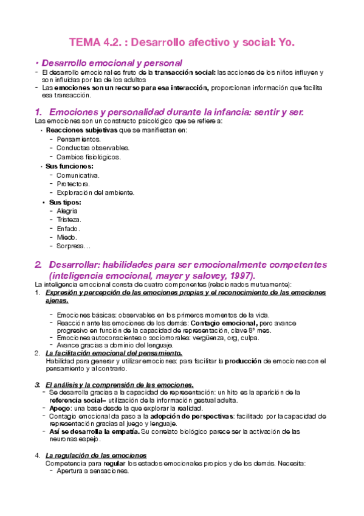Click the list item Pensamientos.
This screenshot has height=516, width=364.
[x=78, y=139]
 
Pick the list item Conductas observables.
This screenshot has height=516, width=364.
[x=93, y=148]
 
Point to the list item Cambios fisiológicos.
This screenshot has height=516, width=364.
[x=89, y=156]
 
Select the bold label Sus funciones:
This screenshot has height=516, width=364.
[x=69, y=166]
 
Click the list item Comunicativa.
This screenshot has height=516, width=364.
[x=78, y=175]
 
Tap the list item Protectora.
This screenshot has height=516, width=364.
[x=74, y=184]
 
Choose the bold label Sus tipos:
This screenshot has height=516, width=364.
[x=65, y=202]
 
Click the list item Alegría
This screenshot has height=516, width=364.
[x=67, y=211]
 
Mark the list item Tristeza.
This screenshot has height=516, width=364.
[x=69, y=219]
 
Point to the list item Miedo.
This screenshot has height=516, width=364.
[x=66, y=237]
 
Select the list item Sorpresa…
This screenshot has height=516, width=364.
[x=73, y=246]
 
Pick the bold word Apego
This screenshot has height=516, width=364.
[x=60, y=408]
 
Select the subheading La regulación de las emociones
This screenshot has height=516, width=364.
[x=95, y=455]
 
